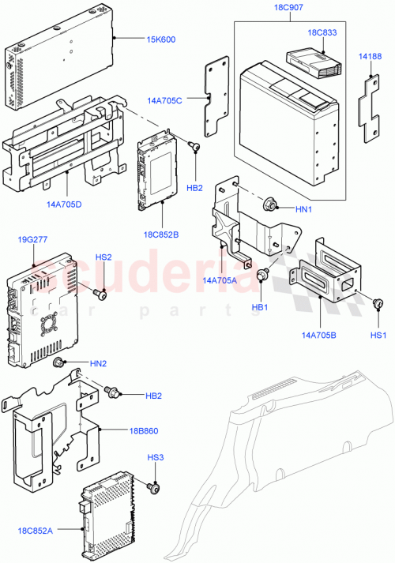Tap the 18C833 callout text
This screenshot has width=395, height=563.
click(323, 34)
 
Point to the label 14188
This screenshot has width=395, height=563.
click(368, 58)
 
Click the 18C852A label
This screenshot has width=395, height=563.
click(36, 532)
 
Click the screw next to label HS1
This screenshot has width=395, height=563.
click(378, 303)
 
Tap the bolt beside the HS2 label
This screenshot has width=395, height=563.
click(100, 293)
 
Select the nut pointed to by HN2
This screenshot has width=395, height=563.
click(58, 363)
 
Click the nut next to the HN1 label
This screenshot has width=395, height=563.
click(271, 207)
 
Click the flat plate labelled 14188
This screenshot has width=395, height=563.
click(368, 110)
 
